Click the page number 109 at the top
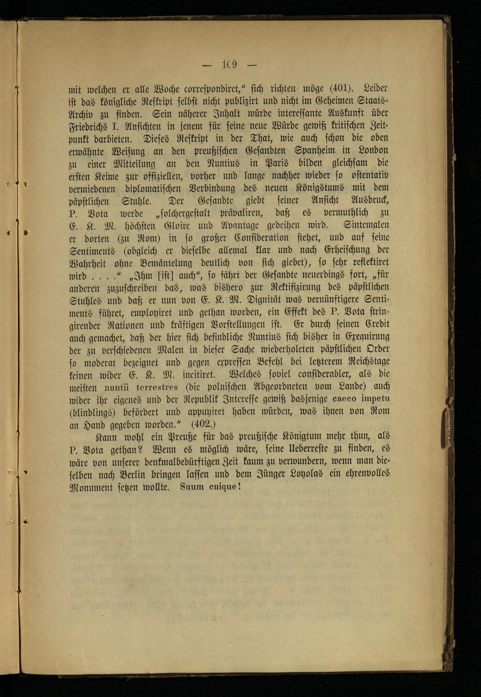pyautogui.click(x=229, y=64)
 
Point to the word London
pyautogui.click(x=373, y=150)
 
